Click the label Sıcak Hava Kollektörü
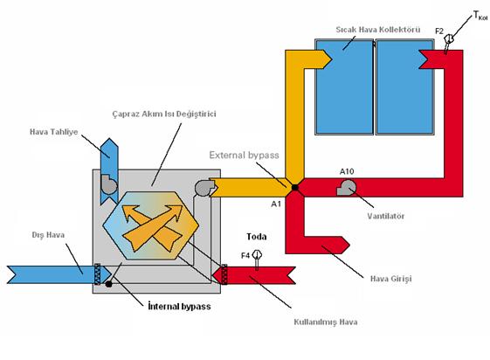point(378,30)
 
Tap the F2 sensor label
point(439,31)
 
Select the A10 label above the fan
point(347,171)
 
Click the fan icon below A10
point(346,188)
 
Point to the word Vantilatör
point(386,216)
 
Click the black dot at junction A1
point(294,188)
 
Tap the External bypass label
point(244,155)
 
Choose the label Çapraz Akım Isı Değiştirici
point(164,114)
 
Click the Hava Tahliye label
point(54,132)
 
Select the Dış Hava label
point(48,235)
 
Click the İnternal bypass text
point(179,306)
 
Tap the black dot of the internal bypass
point(108,284)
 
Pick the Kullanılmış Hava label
point(325,322)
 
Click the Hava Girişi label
point(390,279)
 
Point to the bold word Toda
point(256,237)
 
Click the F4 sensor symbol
point(257,259)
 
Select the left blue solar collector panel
point(344,87)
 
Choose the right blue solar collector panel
point(404,87)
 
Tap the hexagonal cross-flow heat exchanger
point(150,225)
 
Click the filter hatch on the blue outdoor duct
point(98,274)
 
